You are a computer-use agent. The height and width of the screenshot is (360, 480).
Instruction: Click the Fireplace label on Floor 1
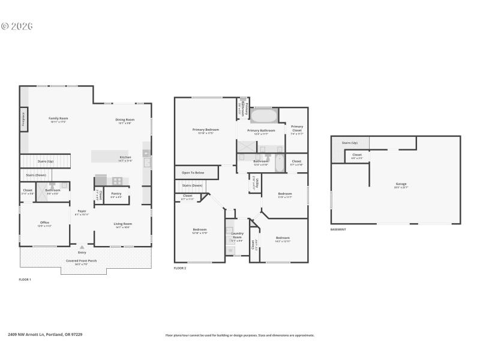click(23, 119)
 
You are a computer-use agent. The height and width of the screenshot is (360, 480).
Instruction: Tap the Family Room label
click(58, 120)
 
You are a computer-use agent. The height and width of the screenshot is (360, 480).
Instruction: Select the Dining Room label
click(125, 121)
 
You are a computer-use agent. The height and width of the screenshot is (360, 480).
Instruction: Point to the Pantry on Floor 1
click(116, 194)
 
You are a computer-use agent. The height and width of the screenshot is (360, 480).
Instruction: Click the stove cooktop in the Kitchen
click(118, 180)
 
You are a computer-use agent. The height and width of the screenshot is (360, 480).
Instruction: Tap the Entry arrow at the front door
click(82, 247)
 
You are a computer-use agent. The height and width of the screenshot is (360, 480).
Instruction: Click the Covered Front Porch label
click(80, 262)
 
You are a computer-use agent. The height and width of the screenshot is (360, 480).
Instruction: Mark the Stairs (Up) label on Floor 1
click(46, 161)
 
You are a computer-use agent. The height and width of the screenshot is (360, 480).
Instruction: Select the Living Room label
click(123, 225)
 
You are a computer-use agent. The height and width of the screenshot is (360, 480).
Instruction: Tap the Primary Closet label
click(297, 128)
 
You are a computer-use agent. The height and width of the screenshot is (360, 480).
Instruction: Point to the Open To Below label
click(193, 173)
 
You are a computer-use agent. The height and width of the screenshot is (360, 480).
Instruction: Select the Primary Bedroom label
click(205, 131)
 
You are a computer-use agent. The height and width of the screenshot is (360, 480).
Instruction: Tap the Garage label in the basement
click(401, 185)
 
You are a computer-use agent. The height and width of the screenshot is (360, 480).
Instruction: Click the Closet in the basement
click(356, 156)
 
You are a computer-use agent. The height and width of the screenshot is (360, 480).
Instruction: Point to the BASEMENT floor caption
click(338, 229)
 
